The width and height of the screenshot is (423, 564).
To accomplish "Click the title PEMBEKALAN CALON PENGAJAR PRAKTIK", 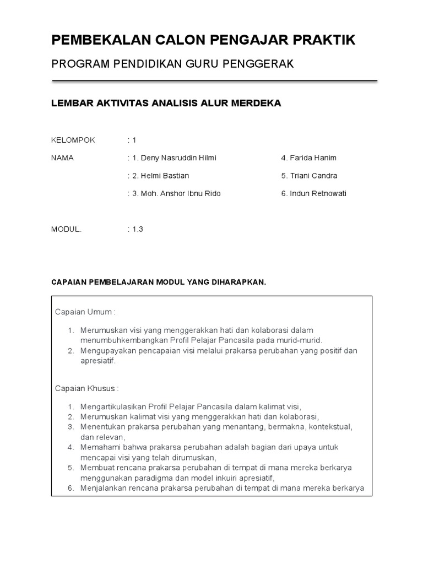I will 203,40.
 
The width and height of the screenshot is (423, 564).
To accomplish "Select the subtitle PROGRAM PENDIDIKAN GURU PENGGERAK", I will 172,64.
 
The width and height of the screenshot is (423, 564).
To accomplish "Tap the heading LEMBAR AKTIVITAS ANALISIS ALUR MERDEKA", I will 166,104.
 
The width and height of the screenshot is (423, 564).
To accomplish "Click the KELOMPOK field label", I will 73,140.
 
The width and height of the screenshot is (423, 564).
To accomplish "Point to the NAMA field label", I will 62,158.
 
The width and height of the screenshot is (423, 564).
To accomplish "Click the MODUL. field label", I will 66,230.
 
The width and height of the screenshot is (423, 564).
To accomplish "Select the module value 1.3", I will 137,230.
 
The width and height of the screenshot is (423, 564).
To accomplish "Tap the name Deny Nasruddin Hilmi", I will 171,158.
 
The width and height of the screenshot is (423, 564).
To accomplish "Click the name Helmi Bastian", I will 165,176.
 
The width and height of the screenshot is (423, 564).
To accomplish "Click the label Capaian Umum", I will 85,312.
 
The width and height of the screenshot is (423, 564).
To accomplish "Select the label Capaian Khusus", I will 86,388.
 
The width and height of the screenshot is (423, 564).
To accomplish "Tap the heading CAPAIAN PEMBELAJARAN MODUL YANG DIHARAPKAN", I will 159,283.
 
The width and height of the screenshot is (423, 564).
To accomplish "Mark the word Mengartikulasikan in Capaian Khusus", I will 112,406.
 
